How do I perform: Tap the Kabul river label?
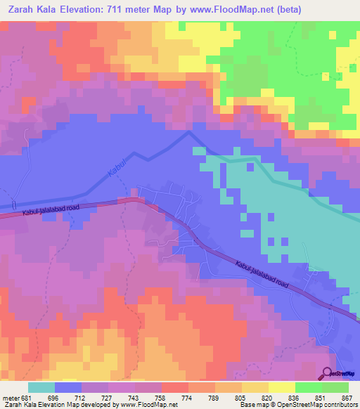pyautogui.click(x=113, y=166)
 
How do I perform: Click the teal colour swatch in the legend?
pyautogui.click(x=41, y=387)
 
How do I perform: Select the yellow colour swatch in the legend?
pyautogui.click(x=282, y=387)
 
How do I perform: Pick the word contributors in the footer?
pyautogui.click(x=340, y=405)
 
